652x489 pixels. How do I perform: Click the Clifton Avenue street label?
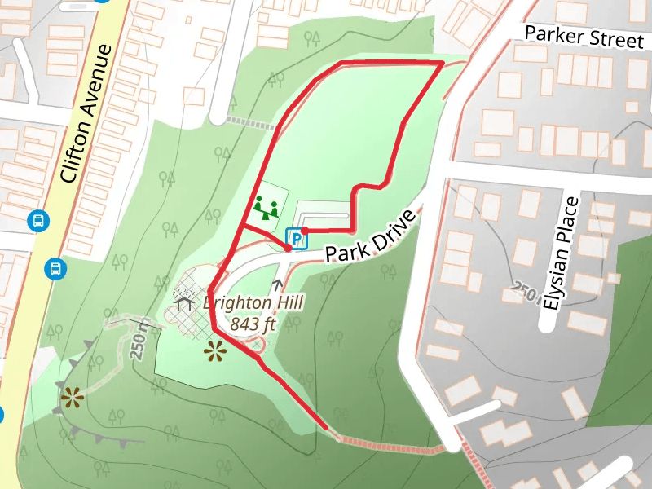[85, 114]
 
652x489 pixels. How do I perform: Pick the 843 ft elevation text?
[253, 324]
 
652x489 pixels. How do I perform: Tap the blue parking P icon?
[295, 239]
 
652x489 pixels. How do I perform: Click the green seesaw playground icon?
[267, 208]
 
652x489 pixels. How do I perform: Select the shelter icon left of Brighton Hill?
[183, 304]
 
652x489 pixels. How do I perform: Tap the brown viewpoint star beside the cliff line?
[72, 398]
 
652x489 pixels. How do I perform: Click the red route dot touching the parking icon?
[304, 230]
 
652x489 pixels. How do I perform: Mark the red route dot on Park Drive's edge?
[288, 249]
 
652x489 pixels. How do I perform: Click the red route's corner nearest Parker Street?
[442, 63]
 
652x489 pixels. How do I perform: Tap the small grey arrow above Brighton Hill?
[278, 284]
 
